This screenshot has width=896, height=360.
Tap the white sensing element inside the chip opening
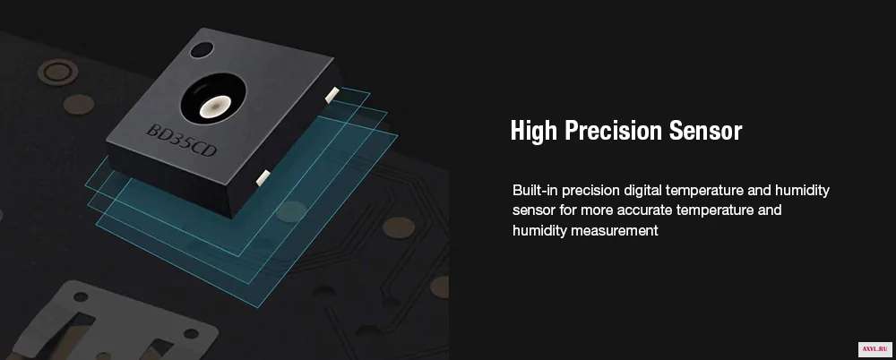pos(215,107)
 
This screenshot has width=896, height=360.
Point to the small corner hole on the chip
pos(202,50)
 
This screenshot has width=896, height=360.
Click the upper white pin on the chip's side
pos(332,96)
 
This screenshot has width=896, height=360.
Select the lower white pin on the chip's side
pos(263,177)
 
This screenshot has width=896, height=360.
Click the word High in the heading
pos(534,130)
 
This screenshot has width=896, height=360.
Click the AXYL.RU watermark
pos(874,348)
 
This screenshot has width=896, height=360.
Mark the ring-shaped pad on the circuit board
pos(57,72)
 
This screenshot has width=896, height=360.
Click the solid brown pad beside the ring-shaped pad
pos(79,105)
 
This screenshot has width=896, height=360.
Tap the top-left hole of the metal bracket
pos(81,297)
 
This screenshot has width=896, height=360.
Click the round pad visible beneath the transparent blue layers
pos(292,211)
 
